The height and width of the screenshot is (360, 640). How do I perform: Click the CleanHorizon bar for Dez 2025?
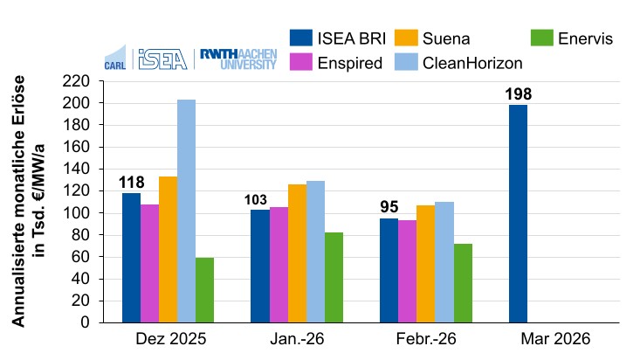pos(186,211)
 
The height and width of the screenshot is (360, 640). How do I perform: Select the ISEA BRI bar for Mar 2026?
pos(518,213)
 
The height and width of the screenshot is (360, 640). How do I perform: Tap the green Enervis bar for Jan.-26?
pos(334,277)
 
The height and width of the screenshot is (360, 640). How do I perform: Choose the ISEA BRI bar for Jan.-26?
pos(260,266)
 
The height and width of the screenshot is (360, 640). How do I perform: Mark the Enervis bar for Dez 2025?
pos(204,290)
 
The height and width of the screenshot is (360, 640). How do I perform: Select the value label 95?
pos(389,208)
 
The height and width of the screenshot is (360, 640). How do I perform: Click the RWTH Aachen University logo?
pos(238,59)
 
